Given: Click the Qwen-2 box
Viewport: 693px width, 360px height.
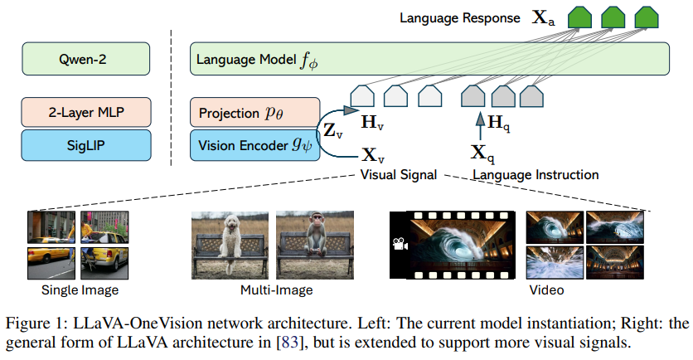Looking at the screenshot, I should pos(87,60).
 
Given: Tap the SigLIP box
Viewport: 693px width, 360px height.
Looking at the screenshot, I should pos(87,144).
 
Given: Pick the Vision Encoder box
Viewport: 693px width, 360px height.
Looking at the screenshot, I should pos(254,144).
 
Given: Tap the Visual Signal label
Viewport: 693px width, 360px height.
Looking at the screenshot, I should pos(398,175).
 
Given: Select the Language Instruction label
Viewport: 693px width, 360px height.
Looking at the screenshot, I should pos(535,175).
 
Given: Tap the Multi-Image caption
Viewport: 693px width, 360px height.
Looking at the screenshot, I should pos(270,290).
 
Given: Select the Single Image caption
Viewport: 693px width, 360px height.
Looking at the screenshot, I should pos(80,290).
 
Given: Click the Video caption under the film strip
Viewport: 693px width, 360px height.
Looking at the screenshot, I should pos(547,290).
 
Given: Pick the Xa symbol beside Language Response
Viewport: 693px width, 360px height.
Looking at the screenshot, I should pos(544,17).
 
